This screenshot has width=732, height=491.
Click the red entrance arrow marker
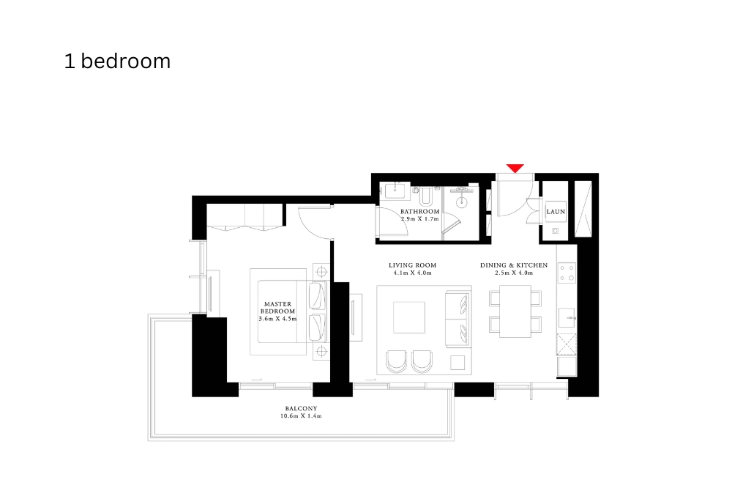tap(515, 169)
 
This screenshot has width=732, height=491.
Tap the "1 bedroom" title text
tap(117, 62)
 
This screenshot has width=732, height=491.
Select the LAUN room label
tap(556, 212)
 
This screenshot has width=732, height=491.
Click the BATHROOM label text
tap(419, 211)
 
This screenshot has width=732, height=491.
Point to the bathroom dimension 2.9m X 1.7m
tap(419, 219)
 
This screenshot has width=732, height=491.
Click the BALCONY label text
tap(301, 408)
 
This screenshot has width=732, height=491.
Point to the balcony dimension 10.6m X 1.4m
tap(301, 416)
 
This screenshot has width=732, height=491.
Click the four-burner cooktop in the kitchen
tap(567, 273)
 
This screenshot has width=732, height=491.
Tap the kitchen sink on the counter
tap(567, 317)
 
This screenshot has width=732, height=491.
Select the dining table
tap(515, 311)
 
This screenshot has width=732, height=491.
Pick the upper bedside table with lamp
tap(319, 269)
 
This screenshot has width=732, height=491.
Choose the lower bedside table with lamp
tap(319, 352)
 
